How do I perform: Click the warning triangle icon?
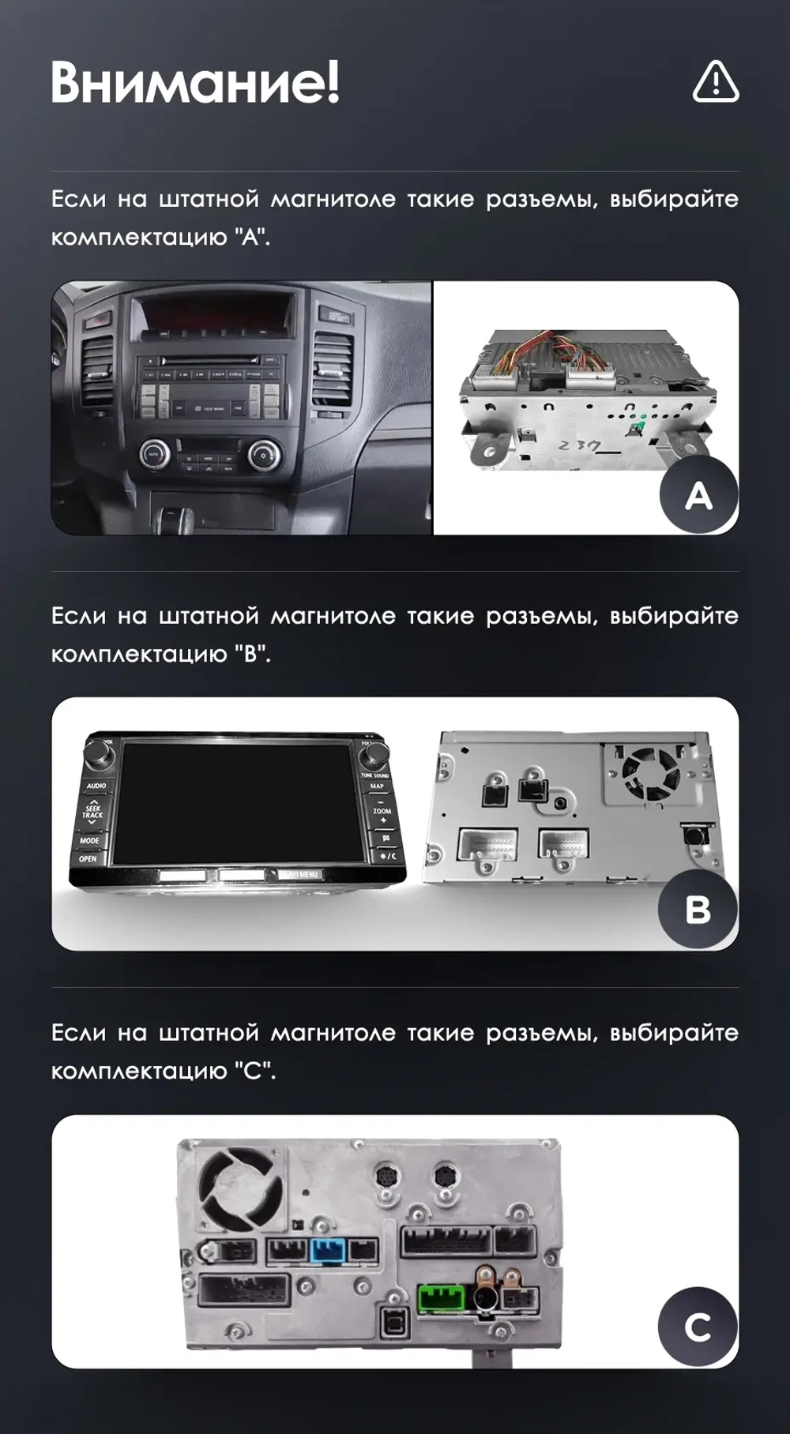tap(716, 82)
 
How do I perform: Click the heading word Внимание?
tap(195, 82)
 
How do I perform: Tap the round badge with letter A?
tap(698, 495)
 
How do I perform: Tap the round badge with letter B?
tap(698, 909)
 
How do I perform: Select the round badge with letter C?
tap(698, 1327)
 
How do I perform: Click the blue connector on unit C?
tap(328, 1252)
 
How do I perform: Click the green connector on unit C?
tap(442, 1298)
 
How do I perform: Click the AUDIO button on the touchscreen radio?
tap(96, 786)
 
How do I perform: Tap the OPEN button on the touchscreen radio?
tap(88, 858)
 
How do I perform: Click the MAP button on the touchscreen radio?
tap(377, 786)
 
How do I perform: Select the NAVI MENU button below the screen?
tap(299, 875)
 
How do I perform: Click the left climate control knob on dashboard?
tap(155, 453)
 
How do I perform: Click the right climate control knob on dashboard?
tap(263, 453)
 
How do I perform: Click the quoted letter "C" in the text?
tap(255, 1072)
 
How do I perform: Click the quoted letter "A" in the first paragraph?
tap(251, 237)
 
